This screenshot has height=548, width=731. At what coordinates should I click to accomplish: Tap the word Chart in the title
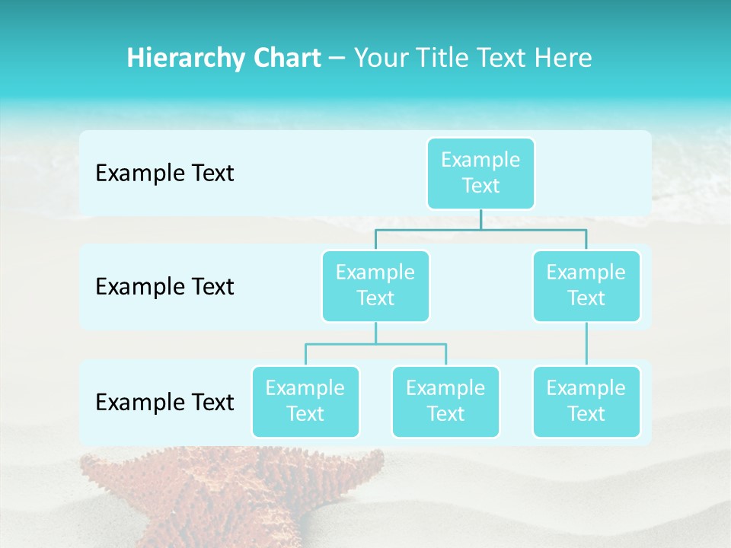click(286, 59)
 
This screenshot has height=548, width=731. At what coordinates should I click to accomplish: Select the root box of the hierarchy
click(480, 173)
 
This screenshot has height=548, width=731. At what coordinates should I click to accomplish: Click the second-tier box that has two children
click(375, 285)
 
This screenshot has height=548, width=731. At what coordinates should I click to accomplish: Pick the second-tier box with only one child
click(586, 285)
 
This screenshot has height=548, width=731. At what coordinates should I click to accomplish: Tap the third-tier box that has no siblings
click(586, 401)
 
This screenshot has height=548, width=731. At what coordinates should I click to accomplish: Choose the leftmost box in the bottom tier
click(305, 401)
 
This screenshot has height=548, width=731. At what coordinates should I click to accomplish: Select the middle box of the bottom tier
click(445, 401)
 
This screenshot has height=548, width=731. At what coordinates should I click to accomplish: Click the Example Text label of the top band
click(164, 174)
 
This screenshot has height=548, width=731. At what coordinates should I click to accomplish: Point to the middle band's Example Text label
click(164, 287)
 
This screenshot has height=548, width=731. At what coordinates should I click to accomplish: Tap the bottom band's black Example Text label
click(164, 402)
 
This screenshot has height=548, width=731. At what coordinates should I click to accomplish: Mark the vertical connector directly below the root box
click(480, 219)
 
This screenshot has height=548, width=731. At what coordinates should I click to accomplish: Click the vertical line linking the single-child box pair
click(586, 344)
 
